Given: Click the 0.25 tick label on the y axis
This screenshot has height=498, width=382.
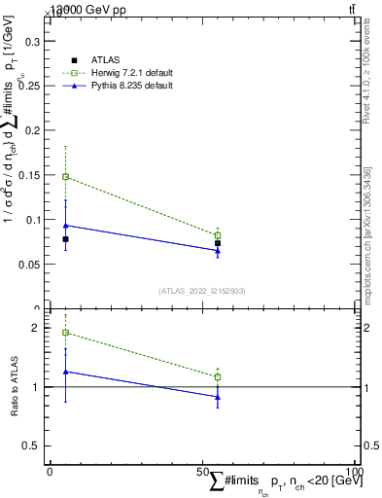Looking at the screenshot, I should coord(29,87).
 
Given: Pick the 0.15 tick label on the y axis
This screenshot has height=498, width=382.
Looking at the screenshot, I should coord(29,175).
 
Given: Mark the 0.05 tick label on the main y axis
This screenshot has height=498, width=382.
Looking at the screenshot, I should coord(29,264).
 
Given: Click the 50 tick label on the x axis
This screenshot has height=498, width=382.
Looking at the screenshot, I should coord(203,472).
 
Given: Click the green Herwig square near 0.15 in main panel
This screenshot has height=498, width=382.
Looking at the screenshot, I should coord(65,177).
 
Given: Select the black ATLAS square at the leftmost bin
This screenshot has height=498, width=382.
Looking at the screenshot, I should coord(65,239).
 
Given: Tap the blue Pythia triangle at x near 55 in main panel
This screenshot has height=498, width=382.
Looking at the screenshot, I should coord(218,251).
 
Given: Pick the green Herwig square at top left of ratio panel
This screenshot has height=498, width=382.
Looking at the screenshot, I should coord(65,333).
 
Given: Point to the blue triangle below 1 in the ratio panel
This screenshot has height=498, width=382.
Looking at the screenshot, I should coord(218,397).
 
